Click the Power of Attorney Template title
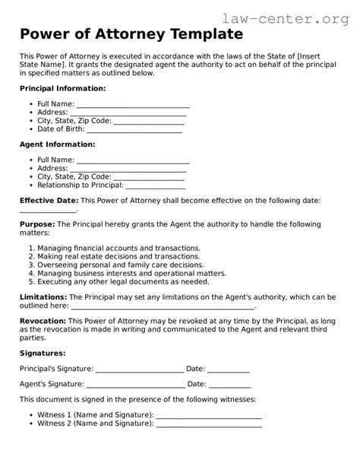(x=131, y=35)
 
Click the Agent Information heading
(x=57, y=144)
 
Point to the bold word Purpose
(x=36, y=225)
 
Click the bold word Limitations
(x=43, y=296)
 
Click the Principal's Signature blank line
(x=140, y=370)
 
